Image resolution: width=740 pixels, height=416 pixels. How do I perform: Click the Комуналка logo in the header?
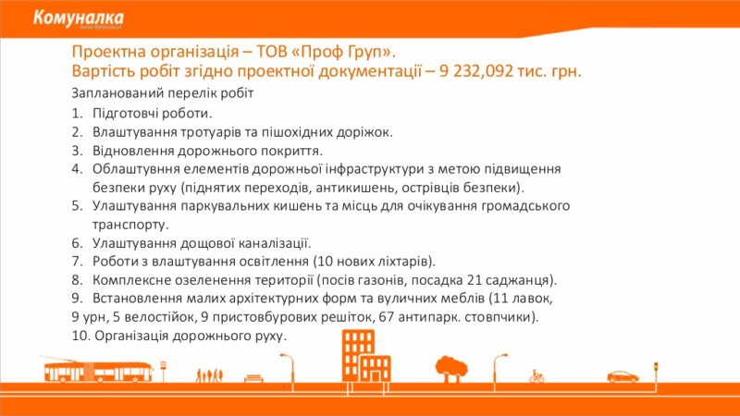coord(79,18)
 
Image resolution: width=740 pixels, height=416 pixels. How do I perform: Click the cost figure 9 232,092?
coord(475,71)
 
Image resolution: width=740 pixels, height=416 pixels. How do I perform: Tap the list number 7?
coord(77,262)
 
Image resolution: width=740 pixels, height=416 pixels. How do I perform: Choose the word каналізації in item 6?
coord(274,243)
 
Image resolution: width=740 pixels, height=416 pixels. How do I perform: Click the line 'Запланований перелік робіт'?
coord(163,93)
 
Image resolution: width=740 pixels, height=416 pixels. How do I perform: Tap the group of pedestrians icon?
coord(210,375)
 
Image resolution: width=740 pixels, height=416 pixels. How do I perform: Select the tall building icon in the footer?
coord(366,357)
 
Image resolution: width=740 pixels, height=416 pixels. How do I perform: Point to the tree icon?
coord(451,369)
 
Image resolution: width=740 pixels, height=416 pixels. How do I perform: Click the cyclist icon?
coord(536,376)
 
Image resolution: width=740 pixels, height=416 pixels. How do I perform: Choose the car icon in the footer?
coord(623,376)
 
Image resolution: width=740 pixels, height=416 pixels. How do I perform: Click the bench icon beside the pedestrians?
coord(253,379)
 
